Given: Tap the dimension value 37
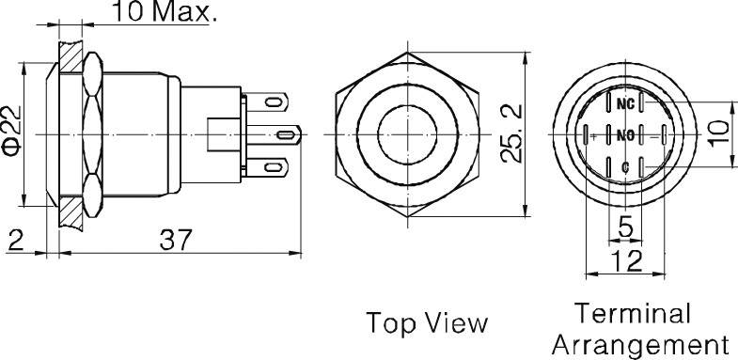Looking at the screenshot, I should [x=176, y=241].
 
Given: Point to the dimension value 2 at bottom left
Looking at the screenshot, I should [x=15, y=241].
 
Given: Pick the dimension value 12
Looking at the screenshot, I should [x=622, y=261].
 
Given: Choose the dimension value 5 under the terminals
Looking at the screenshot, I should [x=624, y=227].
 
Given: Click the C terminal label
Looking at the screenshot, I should [x=623, y=166].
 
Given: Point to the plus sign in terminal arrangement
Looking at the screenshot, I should [x=592, y=136].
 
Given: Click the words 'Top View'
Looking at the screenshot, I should [x=427, y=323].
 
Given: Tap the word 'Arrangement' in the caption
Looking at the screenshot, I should [x=638, y=343].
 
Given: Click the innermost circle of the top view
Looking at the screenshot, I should [x=407, y=136].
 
